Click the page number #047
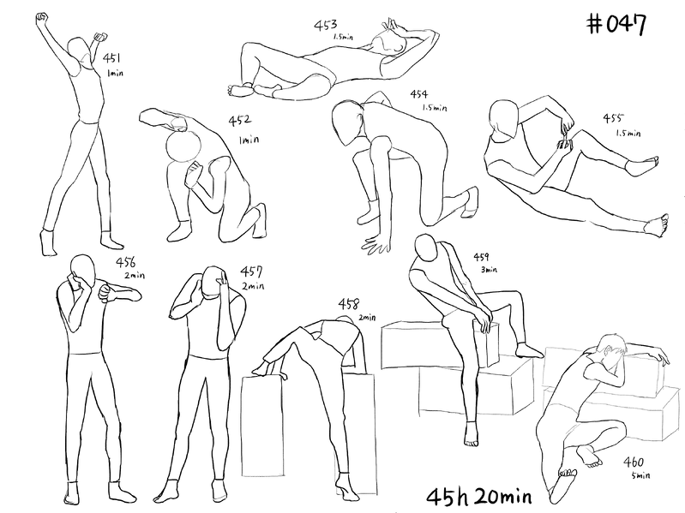point(616,24)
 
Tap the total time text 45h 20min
point(478,497)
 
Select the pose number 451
point(111,57)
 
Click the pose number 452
point(240,120)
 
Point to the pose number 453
point(326,26)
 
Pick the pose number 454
point(419,94)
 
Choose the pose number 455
point(613,118)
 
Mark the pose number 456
point(126,262)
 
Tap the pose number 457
point(251,271)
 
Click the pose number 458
point(349,304)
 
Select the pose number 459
point(482,258)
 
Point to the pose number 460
point(634,462)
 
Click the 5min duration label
point(640,475)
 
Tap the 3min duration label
point(490,270)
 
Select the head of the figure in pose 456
point(83,271)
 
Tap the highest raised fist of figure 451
point(41,17)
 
